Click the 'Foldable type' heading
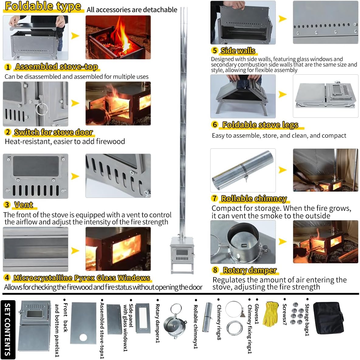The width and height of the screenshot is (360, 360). (x=43, y=6)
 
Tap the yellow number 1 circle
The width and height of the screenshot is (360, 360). (x=8, y=67)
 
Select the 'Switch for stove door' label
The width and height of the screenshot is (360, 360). (x=53, y=132)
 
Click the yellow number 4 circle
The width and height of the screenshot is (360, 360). (x=7, y=278)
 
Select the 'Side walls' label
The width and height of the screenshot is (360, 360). (x=238, y=51)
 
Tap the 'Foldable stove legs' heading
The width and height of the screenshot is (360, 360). (x=260, y=125)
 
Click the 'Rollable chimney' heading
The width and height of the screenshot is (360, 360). (x=254, y=199)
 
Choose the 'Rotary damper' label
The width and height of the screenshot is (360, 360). (x=250, y=270)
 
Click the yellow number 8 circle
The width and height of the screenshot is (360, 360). (x=215, y=270)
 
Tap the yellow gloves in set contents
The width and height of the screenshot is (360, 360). (x=270, y=314)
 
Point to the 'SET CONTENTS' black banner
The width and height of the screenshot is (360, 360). (x=8, y=329)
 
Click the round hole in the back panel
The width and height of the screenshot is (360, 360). (x=84, y=338)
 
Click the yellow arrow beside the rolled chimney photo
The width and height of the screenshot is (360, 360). (x=283, y=170)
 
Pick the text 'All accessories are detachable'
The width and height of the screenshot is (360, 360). (x=132, y=10)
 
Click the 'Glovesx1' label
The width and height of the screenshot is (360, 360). (x=257, y=314)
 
